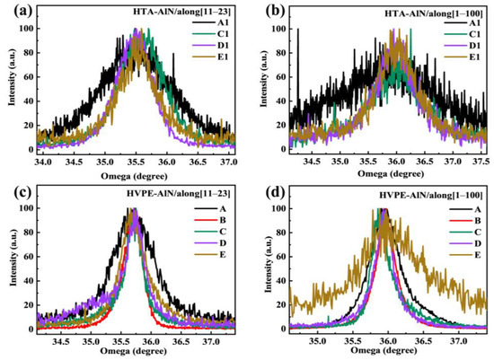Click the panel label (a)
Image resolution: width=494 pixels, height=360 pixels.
(x=12, y=10)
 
